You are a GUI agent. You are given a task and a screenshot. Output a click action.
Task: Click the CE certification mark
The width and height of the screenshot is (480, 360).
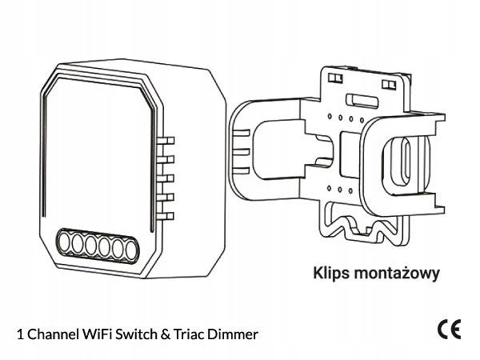point(448,329)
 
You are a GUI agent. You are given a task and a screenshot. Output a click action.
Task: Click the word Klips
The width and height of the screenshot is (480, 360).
point(330,274)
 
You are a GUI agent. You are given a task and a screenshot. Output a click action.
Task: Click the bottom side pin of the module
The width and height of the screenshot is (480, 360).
point(167,213)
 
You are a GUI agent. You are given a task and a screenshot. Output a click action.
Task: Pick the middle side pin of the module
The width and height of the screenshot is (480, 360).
point(167,178)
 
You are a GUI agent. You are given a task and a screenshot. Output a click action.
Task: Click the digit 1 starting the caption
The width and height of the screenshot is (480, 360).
point(18,332)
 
